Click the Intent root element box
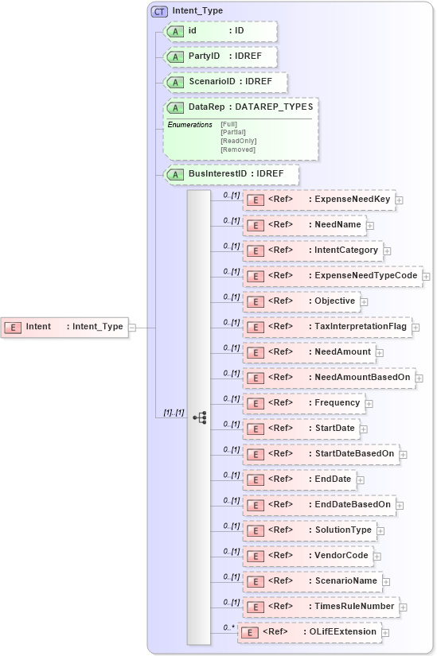[x=64, y=327]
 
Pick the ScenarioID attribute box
[x=224, y=83]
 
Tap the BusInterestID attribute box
[x=230, y=175]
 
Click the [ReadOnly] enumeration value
[x=238, y=141]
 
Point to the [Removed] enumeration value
[x=238, y=149]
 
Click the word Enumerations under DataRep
[x=189, y=125]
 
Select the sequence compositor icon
[x=199, y=417]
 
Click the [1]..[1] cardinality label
[x=174, y=413]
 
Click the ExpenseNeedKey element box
[x=318, y=200]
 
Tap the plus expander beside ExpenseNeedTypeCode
[x=427, y=276]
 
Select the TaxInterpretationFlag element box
[x=327, y=327]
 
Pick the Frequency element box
[x=304, y=403]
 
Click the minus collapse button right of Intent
[x=132, y=327]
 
